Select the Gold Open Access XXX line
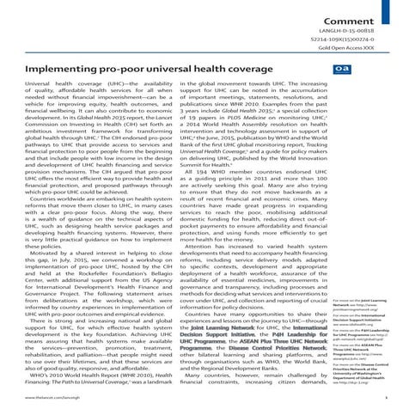coord(369,47)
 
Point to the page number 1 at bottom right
coord(398,400)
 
